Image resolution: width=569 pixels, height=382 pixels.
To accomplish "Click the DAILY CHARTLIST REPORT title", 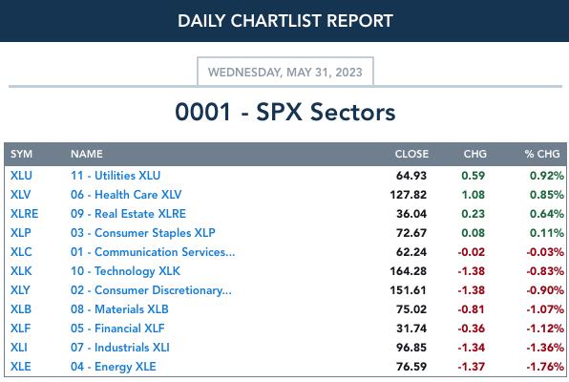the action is click(x=285, y=21).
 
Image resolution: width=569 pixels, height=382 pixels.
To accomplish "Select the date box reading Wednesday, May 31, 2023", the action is click(x=285, y=72).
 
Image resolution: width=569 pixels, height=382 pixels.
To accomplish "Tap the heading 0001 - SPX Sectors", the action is click(x=285, y=112).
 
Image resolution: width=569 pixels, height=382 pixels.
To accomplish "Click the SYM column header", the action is click(x=21, y=154).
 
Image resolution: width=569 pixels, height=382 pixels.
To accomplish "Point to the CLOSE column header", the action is click(x=411, y=154).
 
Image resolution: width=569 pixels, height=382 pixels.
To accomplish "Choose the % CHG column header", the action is click(x=542, y=154).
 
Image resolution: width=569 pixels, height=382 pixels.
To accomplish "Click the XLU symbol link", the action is click(x=21, y=176).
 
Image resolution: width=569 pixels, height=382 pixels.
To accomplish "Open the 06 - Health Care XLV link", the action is click(x=126, y=195).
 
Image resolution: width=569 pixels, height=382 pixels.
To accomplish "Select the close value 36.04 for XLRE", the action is click(x=411, y=214).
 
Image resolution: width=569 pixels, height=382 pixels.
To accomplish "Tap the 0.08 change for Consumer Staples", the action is click(x=474, y=233).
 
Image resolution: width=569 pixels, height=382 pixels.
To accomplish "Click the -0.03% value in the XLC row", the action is click(x=545, y=252).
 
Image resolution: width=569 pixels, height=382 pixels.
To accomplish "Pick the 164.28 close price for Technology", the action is click(x=409, y=271).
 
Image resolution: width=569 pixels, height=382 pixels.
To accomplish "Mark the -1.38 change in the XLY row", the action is click(x=472, y=290).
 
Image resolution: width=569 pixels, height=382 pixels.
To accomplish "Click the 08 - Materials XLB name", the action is click(x=119, y=309).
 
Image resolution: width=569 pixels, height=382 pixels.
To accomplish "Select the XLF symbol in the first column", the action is click(x=21, y=329).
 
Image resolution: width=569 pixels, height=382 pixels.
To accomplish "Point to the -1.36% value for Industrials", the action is click(x=545, y=348).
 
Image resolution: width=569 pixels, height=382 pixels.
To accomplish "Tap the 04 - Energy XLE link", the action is click(x=114, y=367).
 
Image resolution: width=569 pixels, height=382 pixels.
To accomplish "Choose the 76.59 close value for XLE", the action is click(x=411, y=367).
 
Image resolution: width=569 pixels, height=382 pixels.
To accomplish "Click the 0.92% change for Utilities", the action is click(x=547, y=176).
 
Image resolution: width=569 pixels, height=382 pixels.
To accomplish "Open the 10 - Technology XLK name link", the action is click(x=125, y=271).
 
